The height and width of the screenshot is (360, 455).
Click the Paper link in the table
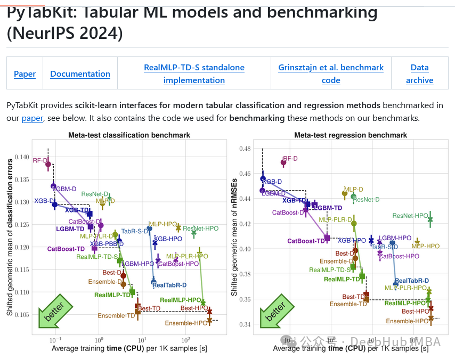pos(25,73)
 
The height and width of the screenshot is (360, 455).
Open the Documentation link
pos(80,73)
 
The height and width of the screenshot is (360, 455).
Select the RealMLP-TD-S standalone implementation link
pos(194,73)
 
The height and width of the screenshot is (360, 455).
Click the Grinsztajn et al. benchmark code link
pos(331,73)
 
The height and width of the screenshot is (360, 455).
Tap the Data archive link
pos(419,73)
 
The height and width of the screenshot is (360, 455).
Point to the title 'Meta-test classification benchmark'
pos(129,135)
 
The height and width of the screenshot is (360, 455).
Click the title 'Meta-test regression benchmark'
pos(351,135)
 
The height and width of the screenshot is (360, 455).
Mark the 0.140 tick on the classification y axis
pos(22,157)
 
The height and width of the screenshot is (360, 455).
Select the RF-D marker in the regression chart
pos(283,163)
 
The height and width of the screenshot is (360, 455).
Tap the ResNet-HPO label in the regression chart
pos(410,216)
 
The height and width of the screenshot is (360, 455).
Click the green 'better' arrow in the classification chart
pos(53,312)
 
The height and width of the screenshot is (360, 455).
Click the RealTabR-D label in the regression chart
pos(412,281)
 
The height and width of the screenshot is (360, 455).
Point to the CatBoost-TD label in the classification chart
pos(66,249)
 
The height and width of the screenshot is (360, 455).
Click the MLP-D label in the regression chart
pos(353,189)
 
